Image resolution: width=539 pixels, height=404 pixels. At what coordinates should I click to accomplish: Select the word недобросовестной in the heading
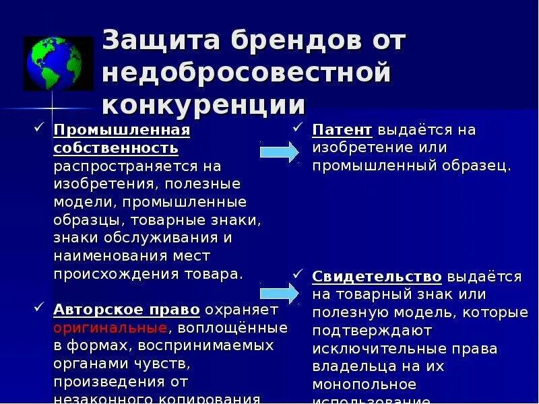247,73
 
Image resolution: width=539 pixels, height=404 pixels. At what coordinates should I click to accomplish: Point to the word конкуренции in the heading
204,105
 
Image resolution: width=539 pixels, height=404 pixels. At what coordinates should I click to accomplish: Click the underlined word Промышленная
121,129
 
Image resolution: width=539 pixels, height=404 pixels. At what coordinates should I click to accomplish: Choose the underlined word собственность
116,147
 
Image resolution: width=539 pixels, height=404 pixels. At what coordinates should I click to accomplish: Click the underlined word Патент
342,129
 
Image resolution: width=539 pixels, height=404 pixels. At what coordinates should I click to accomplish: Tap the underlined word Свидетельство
377,277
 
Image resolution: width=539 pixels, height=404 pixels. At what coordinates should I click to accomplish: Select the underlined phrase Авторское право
127,310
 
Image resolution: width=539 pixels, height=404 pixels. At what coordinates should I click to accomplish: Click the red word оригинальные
110,328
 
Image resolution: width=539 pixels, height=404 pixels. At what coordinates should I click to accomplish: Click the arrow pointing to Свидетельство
278,292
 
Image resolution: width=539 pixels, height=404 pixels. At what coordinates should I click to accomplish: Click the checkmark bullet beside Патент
298,127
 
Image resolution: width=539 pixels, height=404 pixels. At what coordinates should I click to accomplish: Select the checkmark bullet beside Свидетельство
298,275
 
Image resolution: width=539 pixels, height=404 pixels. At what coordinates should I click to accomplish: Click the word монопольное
364,385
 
